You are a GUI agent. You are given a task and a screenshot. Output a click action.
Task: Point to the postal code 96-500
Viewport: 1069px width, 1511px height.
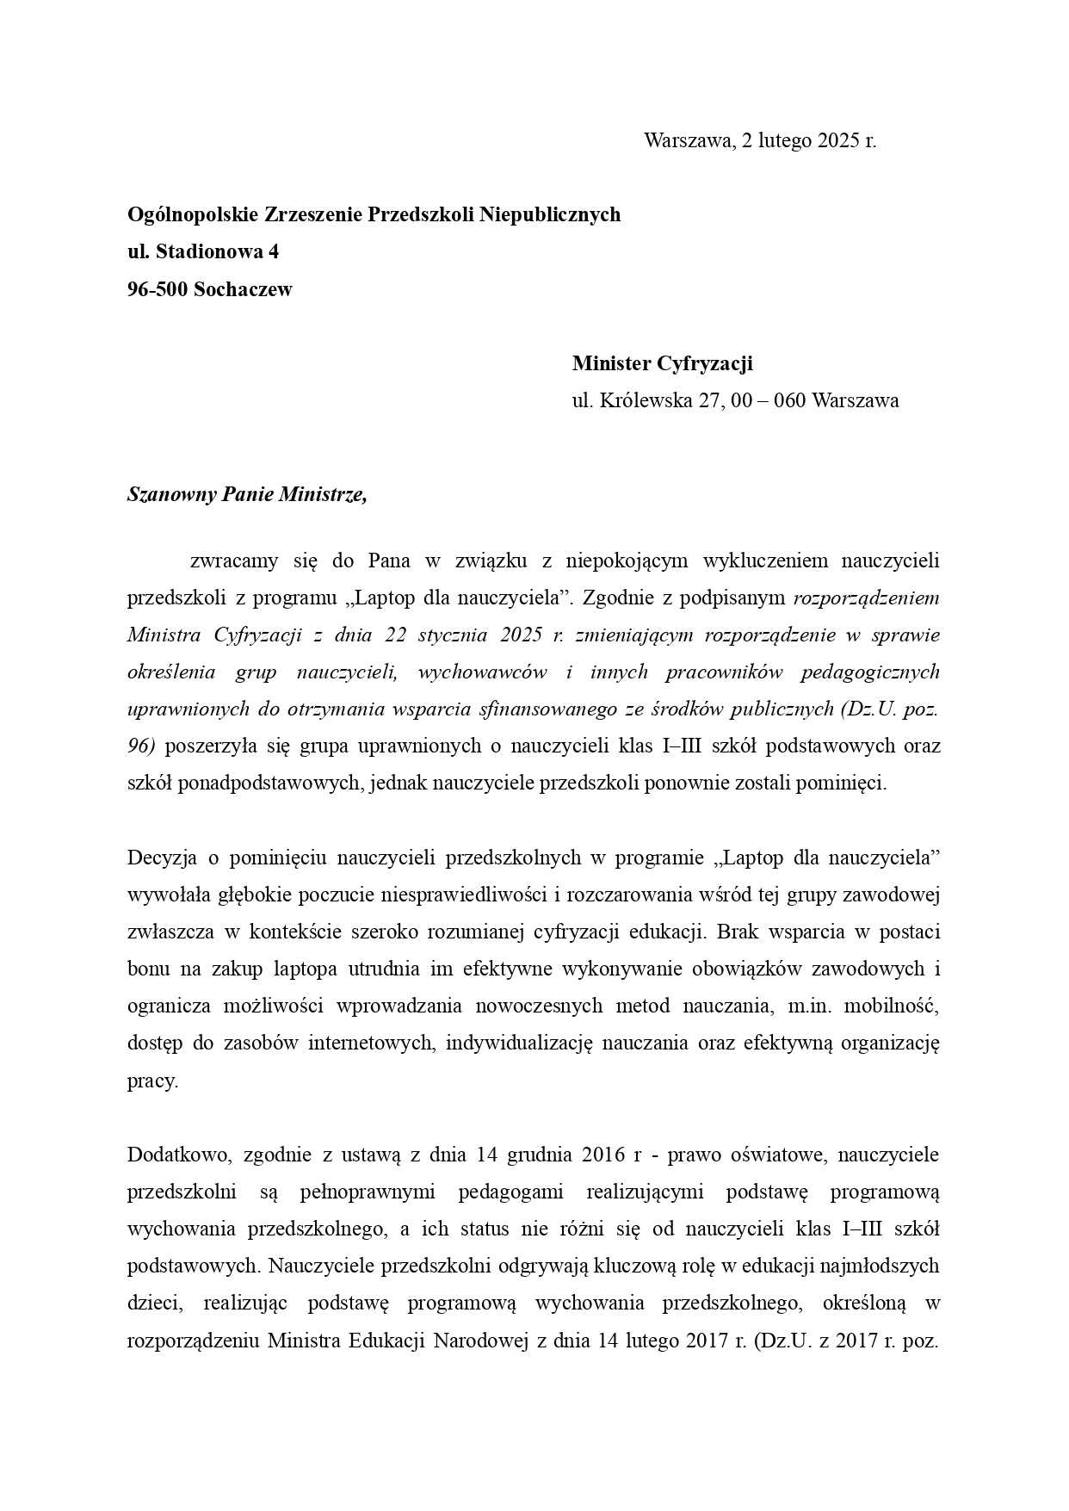[158, 289]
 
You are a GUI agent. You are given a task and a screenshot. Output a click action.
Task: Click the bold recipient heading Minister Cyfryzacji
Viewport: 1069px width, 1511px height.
[662, 363]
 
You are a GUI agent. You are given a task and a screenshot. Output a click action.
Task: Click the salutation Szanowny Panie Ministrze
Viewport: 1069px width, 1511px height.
[247, 495]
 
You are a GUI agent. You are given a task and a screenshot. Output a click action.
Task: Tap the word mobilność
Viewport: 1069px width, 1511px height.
[896, 1006]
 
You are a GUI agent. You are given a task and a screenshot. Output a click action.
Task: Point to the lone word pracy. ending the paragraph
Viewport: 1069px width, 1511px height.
[152, 1081]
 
